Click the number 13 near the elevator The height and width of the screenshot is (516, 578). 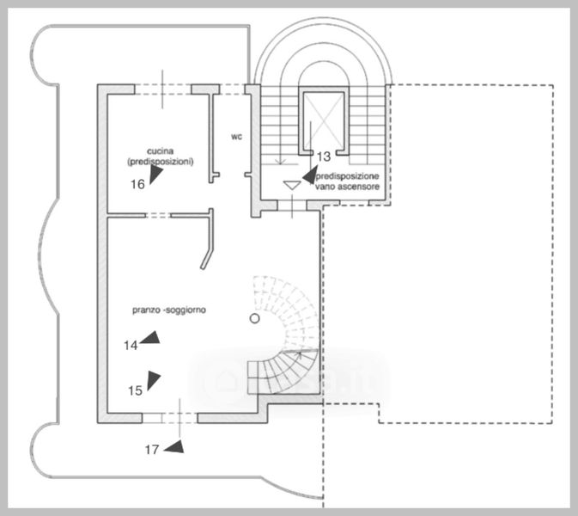(x=324, y=157)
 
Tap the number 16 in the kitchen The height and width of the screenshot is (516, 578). (x=137, y=184)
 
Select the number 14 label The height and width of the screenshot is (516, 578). (x=131, y=346)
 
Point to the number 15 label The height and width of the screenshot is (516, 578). (x=135, y=390)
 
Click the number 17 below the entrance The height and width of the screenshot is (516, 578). (x=151, y=449)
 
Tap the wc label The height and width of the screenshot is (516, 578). (x=237, y=136)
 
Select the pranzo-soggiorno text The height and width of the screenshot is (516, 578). (x=167, y=309)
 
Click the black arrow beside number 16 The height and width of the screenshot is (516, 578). (x=155, y=175)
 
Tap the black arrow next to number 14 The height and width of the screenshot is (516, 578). (x=151, y=339)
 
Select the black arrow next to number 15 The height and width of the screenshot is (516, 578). (x=154, y=378)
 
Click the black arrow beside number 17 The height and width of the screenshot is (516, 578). (x=175, y=445)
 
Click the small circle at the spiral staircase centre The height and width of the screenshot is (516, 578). (x=253, y=319)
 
